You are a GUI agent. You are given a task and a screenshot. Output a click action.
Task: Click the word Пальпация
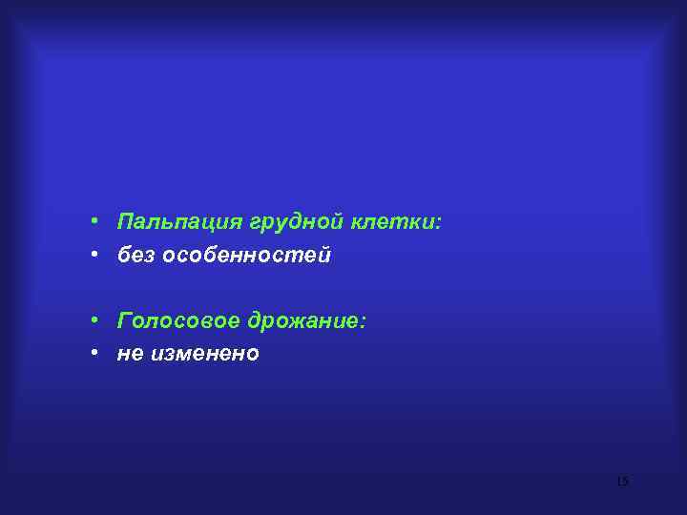[179, 223]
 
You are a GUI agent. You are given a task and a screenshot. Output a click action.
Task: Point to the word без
[136, 256]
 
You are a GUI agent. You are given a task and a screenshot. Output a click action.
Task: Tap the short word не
[129, 354]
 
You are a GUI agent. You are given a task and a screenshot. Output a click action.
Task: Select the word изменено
[203, 354]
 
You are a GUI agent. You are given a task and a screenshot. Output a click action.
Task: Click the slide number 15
[622, 482]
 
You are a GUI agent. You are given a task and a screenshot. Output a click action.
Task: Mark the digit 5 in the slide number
[625, 482]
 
